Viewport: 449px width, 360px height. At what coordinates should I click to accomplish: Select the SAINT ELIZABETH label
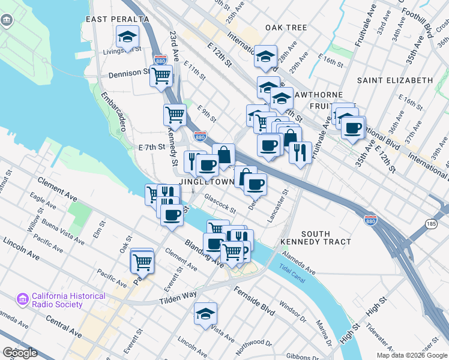394,80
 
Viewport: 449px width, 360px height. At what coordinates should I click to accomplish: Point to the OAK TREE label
286,28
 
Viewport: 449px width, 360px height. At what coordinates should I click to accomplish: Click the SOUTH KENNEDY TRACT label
316,238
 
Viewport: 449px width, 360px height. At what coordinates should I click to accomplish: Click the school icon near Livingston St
127,37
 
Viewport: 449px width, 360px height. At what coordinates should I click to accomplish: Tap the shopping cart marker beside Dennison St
161,76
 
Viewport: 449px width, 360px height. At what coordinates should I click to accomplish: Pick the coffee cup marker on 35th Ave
354,127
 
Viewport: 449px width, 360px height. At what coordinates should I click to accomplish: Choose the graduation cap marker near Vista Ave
205,313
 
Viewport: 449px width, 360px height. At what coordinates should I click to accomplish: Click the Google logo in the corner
20,352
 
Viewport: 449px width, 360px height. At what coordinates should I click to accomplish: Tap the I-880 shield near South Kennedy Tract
370,221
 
